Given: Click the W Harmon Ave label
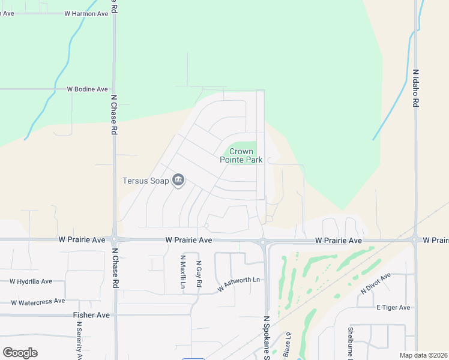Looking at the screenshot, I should click(x=86, y=13).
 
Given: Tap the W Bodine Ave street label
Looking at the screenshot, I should click(x=87, y=89).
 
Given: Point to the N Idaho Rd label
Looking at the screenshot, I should click(x=415, y=88).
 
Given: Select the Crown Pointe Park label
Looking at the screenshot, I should click(x=241, y=156).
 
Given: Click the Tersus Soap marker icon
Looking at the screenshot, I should click(x=178, y=180).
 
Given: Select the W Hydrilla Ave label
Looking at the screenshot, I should click(x=31, y=281).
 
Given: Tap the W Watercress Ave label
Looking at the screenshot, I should click(x=38, y=301).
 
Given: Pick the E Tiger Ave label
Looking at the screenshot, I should click(x=393, y=307).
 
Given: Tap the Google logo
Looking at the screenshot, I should click(x=20, y=353).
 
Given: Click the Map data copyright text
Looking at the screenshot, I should click(x=423, y=355).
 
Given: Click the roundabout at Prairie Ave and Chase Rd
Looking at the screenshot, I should click(x=114, y=239).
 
